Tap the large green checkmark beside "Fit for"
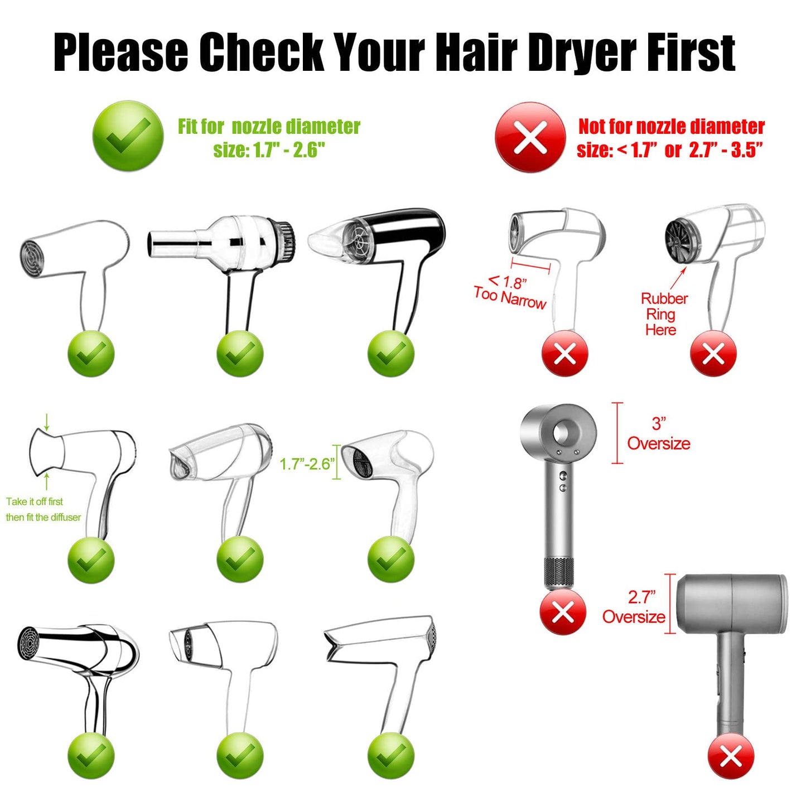tap(128, 136)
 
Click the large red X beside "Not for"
tap(530, 137)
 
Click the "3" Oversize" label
tap(658, 434)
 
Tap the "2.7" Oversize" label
tap(634, 607)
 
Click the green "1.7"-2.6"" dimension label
tap(307, 464)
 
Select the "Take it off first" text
tap(35, 501)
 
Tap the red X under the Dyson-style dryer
tap(563, 612)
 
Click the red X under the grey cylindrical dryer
tap(731, 756)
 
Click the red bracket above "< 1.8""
tap(530, 266)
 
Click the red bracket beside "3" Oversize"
tap(617, 433)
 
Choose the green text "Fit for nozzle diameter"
tap(269, 127)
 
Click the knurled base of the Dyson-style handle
tap(559, 573)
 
